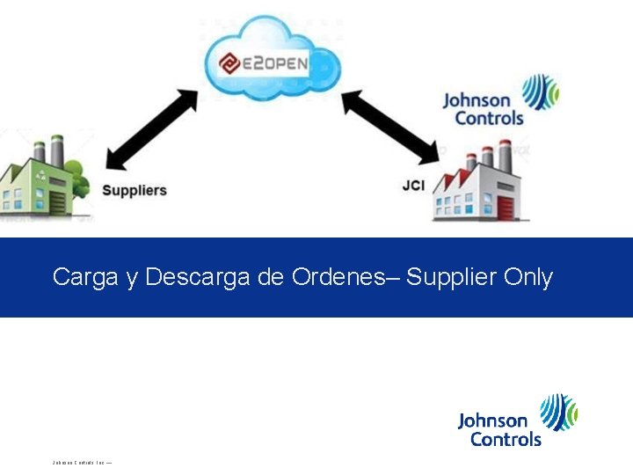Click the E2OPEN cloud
coord(272,62)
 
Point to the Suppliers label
coord(135,190)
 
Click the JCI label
coord(414,186)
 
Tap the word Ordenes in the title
coord(338,277)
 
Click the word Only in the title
coord(528,277)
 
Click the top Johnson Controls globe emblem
coord(539,91)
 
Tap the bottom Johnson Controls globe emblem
coord(558,412)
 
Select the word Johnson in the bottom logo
coord(493,421)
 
